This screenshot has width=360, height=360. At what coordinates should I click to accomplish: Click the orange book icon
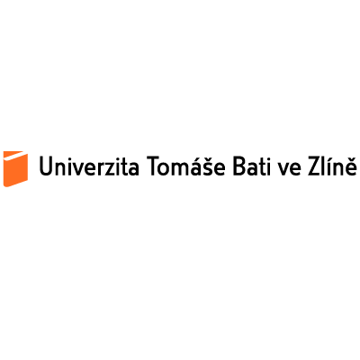(x=15, y=168)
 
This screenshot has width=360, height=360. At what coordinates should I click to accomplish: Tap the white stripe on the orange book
(x=15, y=156)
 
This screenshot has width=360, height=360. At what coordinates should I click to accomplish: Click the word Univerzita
(x=89, y=166)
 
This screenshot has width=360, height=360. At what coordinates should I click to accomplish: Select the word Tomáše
(x=185, y=165)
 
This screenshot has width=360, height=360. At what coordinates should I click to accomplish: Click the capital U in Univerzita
(x=46, y=166)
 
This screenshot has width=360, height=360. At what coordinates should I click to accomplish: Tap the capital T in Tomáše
(x=153, y=166)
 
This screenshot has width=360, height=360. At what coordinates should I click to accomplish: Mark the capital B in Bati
(x=239, y=166)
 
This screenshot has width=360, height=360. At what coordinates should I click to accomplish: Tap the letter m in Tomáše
(x=178, y=169)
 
